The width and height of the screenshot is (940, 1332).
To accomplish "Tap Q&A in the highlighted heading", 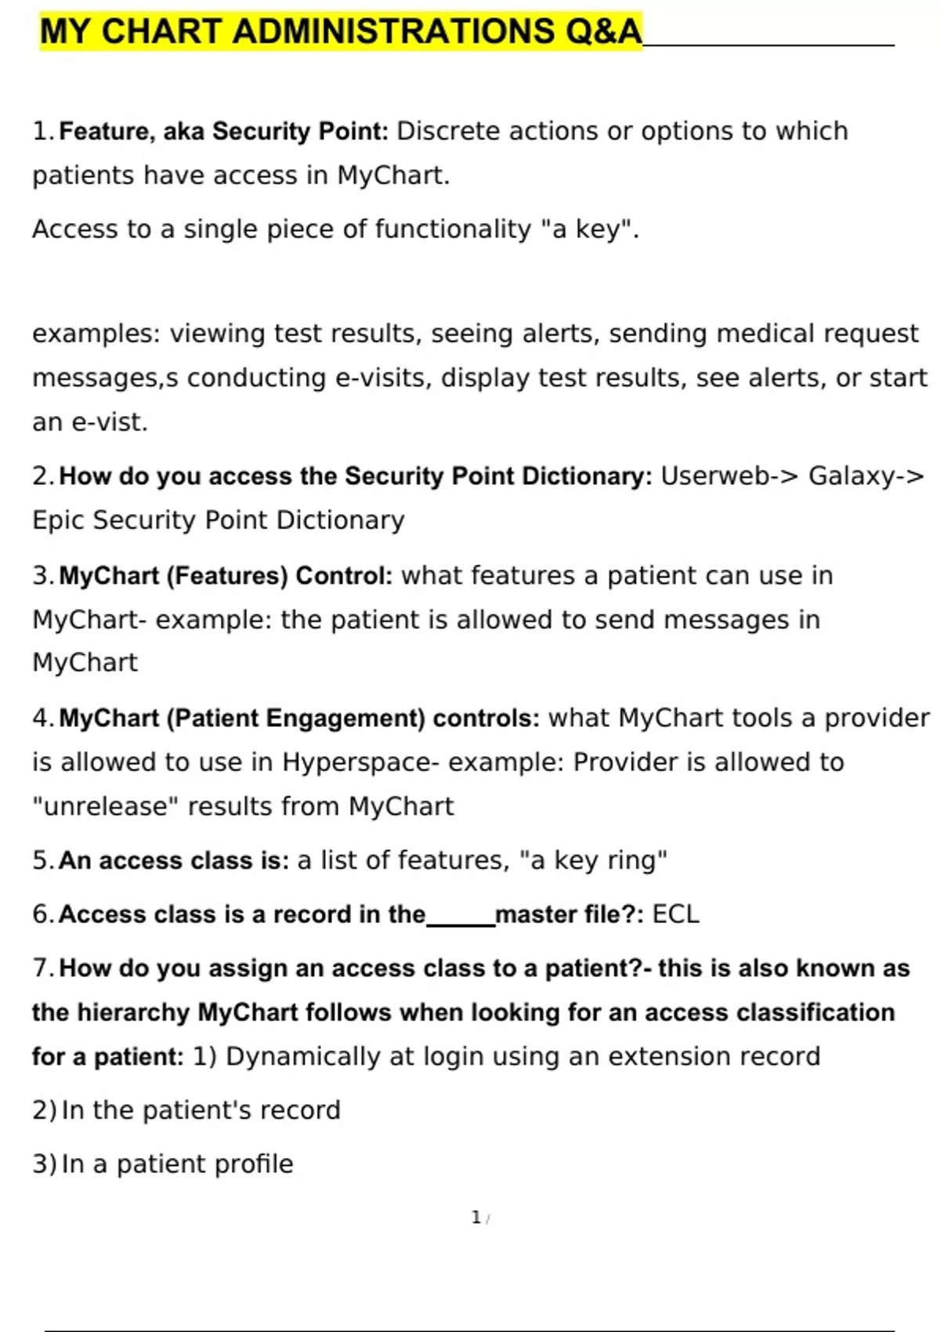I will (602, 32).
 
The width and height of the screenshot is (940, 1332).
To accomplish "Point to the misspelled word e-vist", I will (109, 422).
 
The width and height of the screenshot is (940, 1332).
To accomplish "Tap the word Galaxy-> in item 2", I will (866, 476).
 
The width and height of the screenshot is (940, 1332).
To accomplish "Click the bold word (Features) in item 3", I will (228, 576).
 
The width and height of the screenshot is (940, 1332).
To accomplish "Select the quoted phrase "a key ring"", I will (593, 860).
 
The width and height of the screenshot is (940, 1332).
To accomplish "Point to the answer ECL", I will (675, 914).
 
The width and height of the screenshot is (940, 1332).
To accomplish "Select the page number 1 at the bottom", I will (475, 1218).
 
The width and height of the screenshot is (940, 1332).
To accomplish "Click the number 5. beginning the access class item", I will (42, 860).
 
